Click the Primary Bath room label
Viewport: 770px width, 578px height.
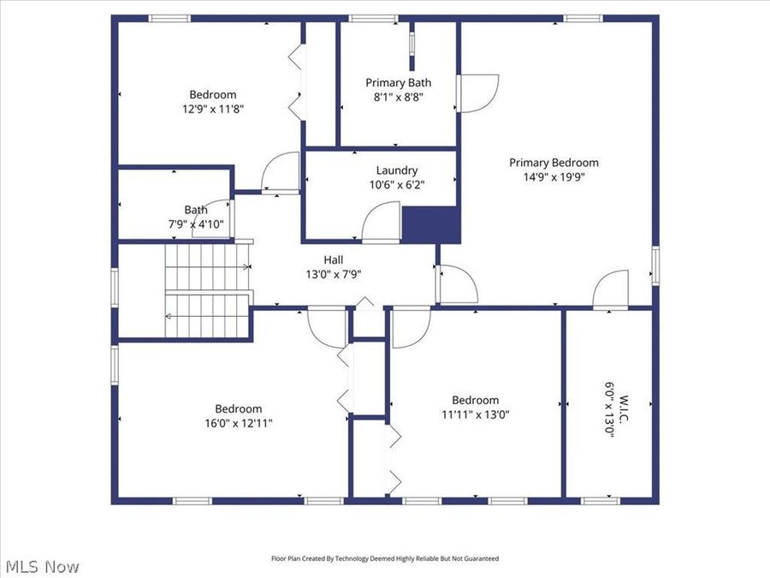tap(398, 82)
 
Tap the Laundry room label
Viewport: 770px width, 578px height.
tap(397, 170)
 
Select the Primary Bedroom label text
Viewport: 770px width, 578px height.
tap(554, 163)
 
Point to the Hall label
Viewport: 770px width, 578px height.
tap(334, 259)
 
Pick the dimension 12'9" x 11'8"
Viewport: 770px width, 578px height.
tap(213, 109)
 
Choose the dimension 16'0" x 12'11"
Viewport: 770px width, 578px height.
tap(239, 423)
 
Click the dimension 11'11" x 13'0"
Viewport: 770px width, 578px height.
tap(475, 414)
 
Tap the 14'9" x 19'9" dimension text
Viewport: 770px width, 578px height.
tap(554, 177)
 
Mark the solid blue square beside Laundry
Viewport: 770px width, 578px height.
tap(431, 224)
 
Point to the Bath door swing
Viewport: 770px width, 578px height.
tap(218, 217)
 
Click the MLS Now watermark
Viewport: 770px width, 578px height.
tap(42, 566)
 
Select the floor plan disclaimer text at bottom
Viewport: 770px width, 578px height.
tap(384, 558)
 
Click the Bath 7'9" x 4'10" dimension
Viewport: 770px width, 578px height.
tap(196, 223)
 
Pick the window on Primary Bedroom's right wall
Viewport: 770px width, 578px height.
tap(655, 265)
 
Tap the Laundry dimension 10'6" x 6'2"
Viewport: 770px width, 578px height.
tap(397, 183)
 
